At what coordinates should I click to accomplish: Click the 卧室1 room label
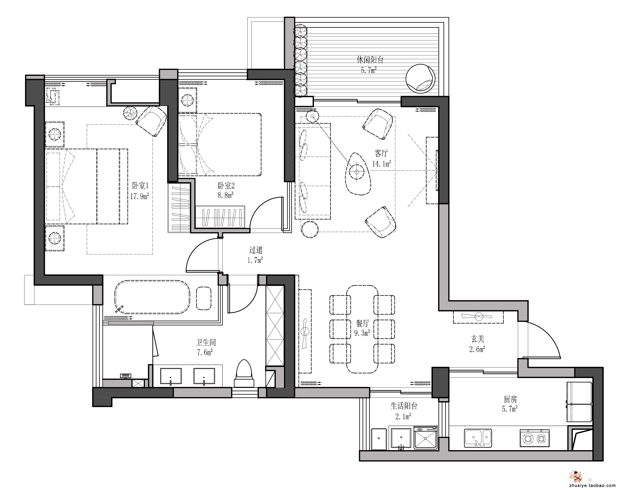[140, 186]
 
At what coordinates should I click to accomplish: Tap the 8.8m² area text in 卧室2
[225, 195]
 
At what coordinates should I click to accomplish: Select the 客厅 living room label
[381, 153]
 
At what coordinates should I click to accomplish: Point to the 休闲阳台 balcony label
[370, 60]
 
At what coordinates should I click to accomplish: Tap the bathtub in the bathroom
[152, 297]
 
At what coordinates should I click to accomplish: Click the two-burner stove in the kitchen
[535, 438]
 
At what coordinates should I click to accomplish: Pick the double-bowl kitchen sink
[478, 438]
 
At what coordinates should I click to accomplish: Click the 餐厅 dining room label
[362, 323]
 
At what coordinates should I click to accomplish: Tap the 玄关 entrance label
[478, 339]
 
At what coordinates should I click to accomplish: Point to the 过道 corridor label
[256, 250]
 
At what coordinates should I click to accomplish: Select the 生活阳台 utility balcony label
[404, 406]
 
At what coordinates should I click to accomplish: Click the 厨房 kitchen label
[510, 399]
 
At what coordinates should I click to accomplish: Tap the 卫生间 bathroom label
[206, 342]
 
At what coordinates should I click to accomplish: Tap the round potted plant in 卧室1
[131, 113]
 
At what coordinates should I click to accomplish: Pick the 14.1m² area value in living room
[381, 164]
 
